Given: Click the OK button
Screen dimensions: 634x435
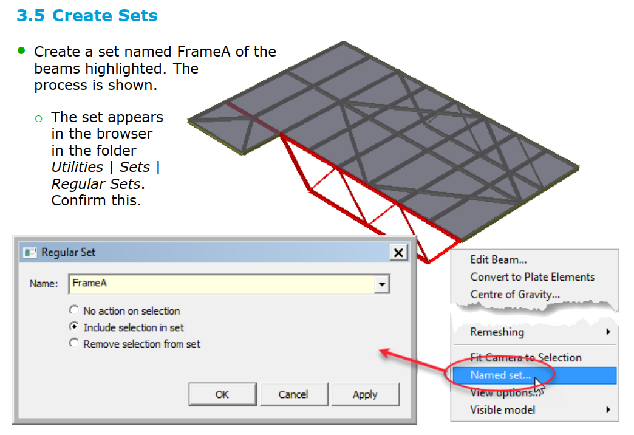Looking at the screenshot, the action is (x=222, y=394).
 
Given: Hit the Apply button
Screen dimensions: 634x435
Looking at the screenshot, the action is (x=365, y=394).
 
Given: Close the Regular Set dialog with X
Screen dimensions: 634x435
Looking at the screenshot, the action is (x=398, y=253).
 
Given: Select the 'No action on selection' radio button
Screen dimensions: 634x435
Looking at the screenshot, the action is (x=73, y=310).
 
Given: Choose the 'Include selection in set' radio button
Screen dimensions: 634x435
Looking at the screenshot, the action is (x=73, y=326).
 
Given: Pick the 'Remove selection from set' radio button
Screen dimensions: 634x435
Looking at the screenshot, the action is (x=73, y=343).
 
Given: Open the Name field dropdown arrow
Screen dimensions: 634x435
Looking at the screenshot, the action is (x=382, y=284).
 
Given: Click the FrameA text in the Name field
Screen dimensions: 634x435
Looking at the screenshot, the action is (x=89, y=283).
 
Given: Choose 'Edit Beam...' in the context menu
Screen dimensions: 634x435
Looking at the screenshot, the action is (x=499, y=259).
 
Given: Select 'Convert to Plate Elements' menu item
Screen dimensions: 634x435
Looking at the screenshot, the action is (x=533, y=277).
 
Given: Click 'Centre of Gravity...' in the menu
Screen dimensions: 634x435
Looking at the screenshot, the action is (x=515, y=294).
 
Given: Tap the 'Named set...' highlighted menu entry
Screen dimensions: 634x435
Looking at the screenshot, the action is (x=500, y=375).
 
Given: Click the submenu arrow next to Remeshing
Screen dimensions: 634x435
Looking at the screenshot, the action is (x=608, y=332).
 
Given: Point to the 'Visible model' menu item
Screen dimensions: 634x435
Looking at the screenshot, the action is (x=503, y=410).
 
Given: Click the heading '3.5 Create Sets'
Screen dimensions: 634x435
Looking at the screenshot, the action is (x=87, y=15).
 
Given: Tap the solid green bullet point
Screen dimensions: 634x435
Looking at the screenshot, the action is (x=21, y=50).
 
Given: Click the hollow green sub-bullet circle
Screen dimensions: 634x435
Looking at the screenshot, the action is (x=39, y=118).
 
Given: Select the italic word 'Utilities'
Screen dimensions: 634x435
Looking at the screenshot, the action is (x=77, y=167).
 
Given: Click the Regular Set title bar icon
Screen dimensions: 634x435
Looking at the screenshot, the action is (x=30, y=253).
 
